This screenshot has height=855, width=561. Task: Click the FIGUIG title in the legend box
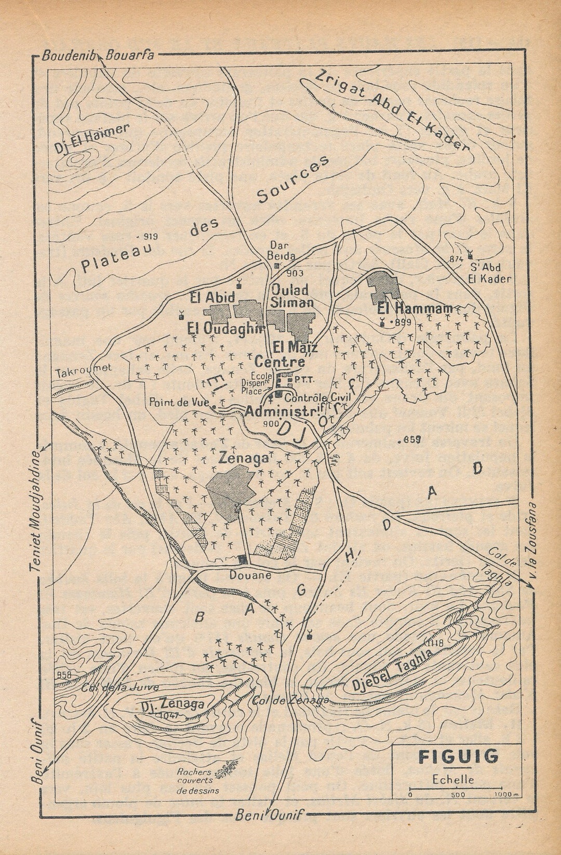point(458,757)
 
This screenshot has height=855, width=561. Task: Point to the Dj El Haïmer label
point(91,139)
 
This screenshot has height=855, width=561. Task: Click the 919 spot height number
point(150,236)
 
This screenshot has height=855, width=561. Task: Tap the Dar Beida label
point(281,251)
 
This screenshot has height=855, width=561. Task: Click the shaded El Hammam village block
point(383,287)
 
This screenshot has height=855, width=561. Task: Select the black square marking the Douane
point(243,559)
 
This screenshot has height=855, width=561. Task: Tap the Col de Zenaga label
point(291,700)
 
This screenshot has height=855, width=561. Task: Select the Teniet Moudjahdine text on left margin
point(35,511)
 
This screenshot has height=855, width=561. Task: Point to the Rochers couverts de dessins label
point(197,781)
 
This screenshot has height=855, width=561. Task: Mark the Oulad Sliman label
point(291,296)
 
